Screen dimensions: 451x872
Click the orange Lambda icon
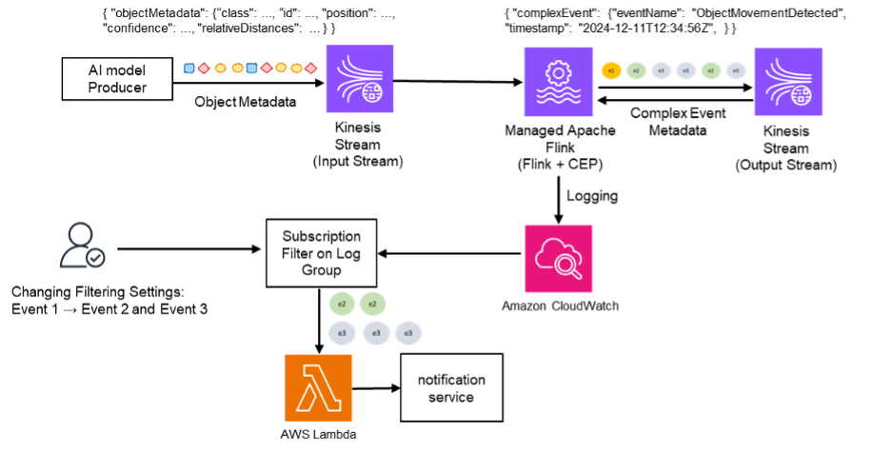(x=319, y=387)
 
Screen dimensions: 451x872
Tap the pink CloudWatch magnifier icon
(x=559, y=258)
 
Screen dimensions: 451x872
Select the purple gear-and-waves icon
(x=558, y=82)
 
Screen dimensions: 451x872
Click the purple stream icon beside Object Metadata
(x=360, y=80)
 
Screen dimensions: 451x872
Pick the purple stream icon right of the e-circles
(x=788, y=82)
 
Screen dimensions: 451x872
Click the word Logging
(x=592, y=196)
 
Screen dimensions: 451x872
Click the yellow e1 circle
(x=611, y=70)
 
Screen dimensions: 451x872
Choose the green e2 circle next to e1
(x=636, y=70)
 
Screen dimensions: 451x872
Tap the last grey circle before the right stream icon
(x=735, y=70)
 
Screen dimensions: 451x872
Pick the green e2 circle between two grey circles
(x=710, y=70)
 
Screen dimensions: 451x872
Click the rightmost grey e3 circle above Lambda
(x=408, y=333)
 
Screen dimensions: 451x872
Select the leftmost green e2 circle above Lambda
(x=342, y=304)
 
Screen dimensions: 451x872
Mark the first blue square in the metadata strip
(x=188, y=69)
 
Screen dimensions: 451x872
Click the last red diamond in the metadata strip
(x=311, y=69)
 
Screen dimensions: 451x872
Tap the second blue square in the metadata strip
(x=251, y=69)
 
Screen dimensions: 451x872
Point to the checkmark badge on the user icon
(x=96, y=257)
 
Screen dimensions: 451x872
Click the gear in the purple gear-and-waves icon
(x=558, y=71)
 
